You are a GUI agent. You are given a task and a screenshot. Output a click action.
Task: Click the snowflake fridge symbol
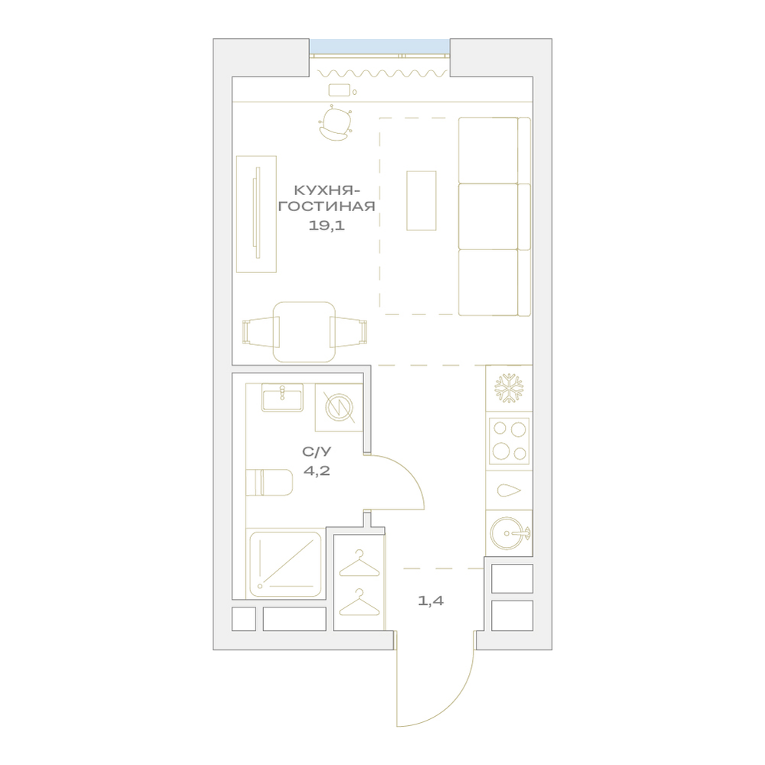click(x=509, y=389)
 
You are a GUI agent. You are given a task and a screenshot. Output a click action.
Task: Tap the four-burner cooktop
click(x=509, y=441)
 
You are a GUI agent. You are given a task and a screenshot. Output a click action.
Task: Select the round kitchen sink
click(x=509, y=532)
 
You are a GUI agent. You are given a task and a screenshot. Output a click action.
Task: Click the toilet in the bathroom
click(x=269, y=483)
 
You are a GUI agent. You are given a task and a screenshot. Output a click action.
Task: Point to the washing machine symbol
click(x=339, y=408)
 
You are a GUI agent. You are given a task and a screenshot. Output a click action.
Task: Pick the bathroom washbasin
click(x=282, y=397)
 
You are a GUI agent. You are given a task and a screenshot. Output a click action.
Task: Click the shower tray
click(x=285, y=564)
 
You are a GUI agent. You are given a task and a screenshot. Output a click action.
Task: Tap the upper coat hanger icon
click(x=359, y=563)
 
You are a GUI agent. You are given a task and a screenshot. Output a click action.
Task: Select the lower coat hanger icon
click(x=359, y=602)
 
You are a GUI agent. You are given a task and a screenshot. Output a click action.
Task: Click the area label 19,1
click(x=327, y=226)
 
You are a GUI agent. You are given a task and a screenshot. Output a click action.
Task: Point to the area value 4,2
click(x=317, y=470)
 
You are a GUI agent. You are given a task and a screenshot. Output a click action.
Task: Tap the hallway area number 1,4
click(x=431, y=601)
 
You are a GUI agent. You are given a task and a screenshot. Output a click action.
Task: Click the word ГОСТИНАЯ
click(x=327, y=207)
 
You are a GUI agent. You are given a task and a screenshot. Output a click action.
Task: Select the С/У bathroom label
click(x=317, y=452)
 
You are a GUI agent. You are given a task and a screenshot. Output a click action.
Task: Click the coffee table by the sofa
click(x=422, y=200)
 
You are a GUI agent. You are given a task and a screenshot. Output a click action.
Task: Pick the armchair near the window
click(x=335, y=124)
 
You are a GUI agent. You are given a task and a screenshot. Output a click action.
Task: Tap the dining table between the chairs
click(x=304, y=332)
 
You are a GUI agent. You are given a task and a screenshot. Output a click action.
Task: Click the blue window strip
click(x=379, y=46)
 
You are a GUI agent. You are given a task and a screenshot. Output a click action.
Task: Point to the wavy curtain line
click(x=382, y=73)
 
